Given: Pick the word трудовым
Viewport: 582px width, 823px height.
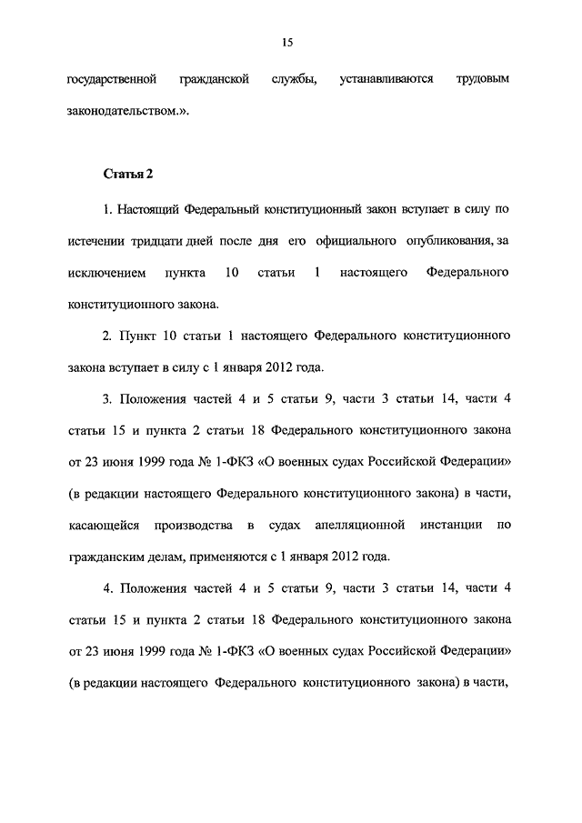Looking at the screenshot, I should tap(483, 80).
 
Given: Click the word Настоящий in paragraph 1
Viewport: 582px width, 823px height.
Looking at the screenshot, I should tap(148, 209).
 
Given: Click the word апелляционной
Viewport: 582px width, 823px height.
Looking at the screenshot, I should tap(350, 525).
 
